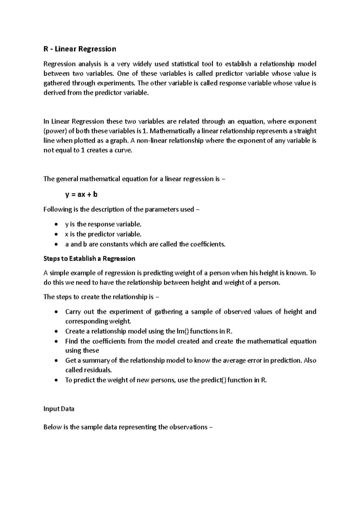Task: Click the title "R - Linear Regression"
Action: point(79,49)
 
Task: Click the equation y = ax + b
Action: point(81,194)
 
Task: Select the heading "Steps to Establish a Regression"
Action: point(89,259)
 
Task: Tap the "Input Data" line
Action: point(59,409)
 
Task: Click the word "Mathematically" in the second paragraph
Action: point(172,131)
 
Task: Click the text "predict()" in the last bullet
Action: point(214,380)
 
